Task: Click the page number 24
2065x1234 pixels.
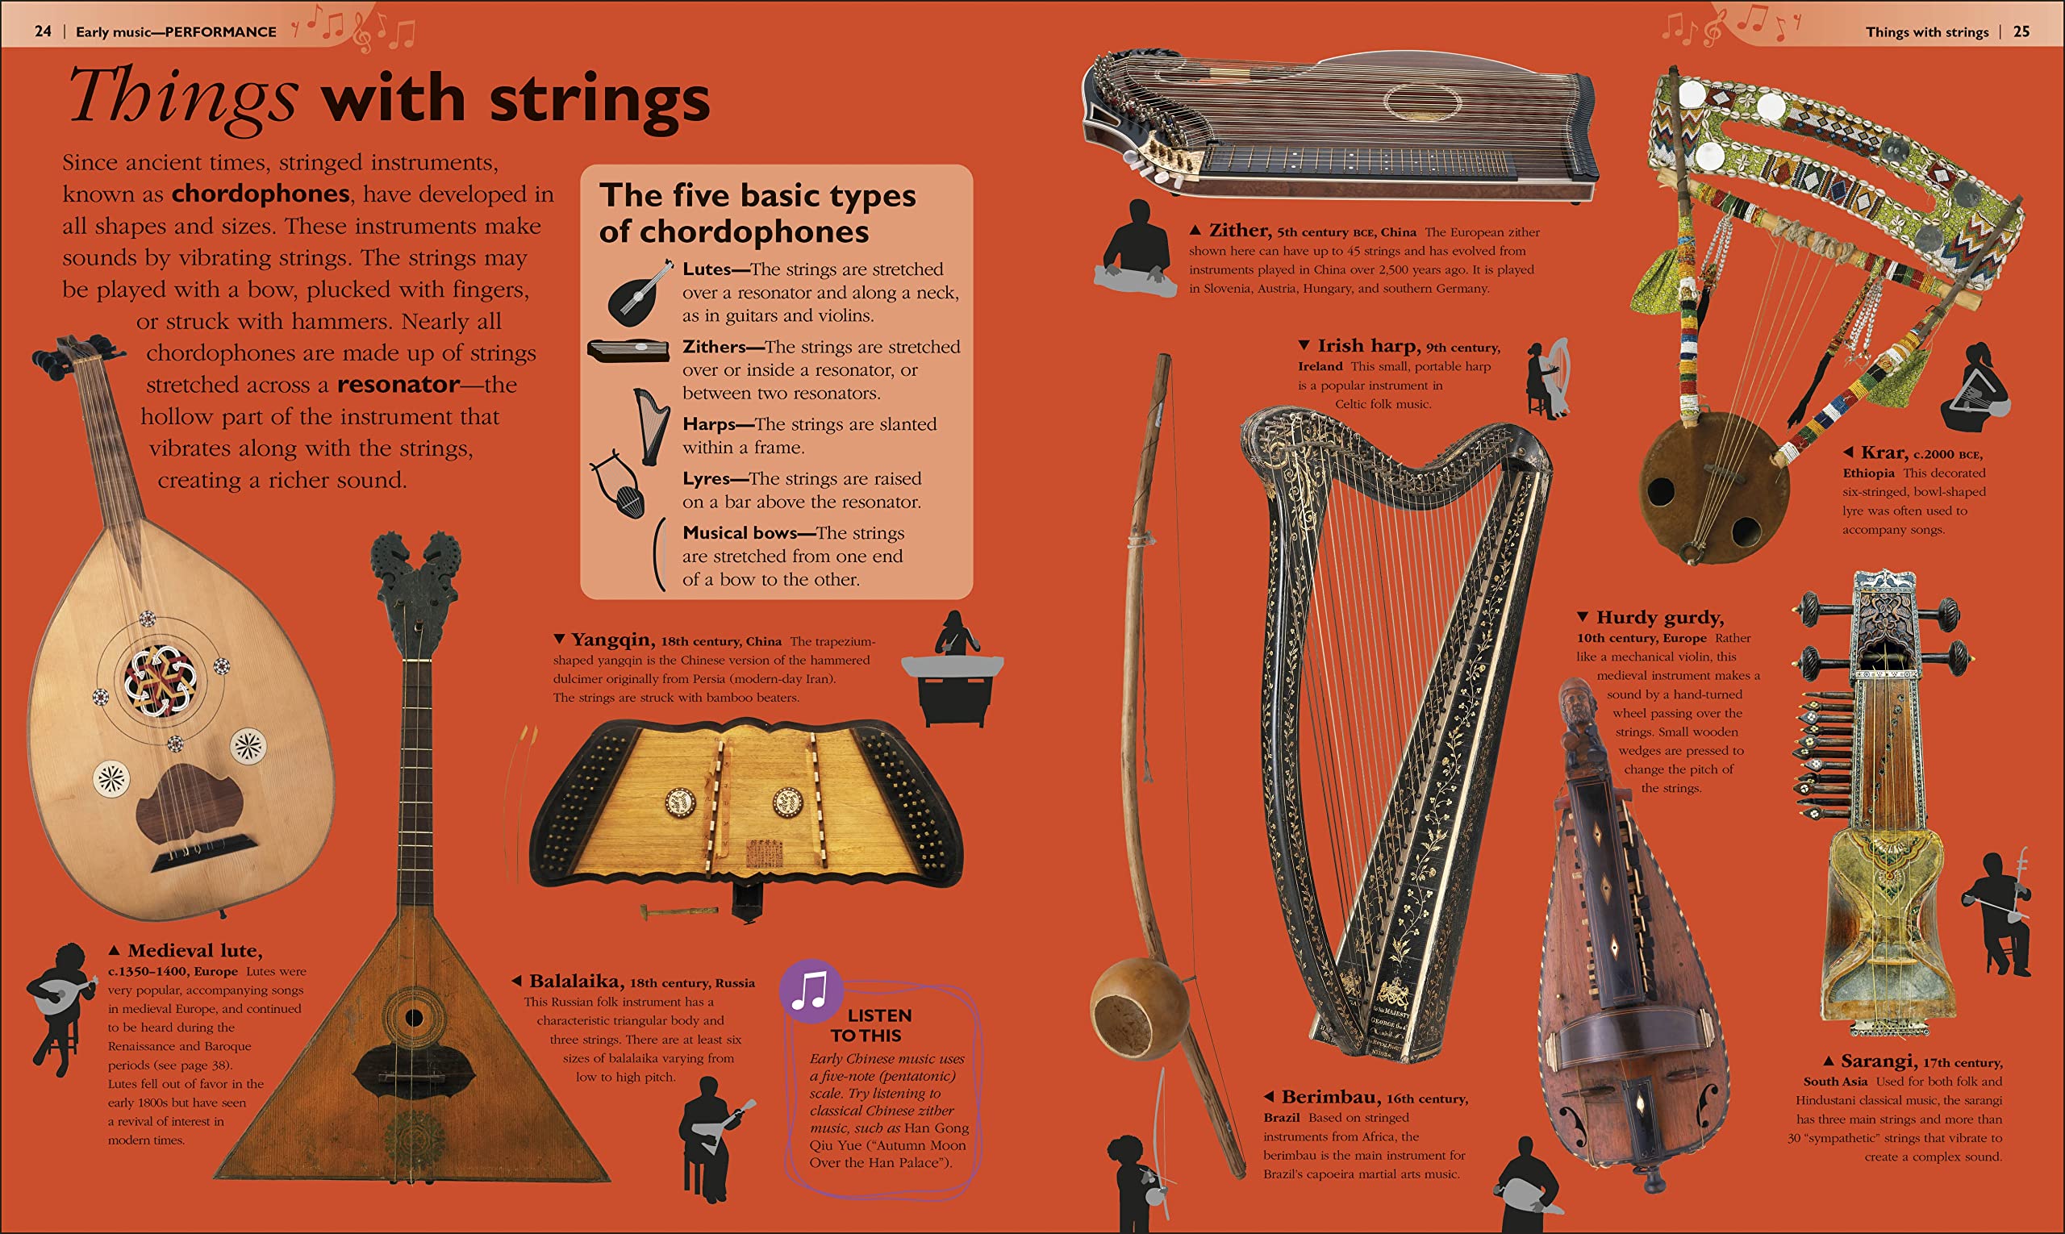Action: pos(43,31)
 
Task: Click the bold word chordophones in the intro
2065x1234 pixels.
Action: pos(261,194)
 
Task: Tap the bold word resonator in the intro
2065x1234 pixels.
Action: pos(398,384)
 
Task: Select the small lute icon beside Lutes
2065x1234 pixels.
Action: pos(639,294)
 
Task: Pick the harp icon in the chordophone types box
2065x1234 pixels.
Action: pos(651,425)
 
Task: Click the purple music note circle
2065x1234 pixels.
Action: pos(811,990)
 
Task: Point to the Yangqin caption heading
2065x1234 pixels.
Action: pos(612,640)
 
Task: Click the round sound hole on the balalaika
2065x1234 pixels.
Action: pos(413,1017)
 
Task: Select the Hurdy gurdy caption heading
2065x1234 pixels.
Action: pos(1659,617)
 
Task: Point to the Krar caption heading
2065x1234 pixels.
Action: pos(1884,452)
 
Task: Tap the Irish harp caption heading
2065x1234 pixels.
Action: pos(1369,345)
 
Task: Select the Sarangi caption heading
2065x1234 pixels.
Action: pos(1879,1061)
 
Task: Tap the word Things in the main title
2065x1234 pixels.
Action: pos(182,98)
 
